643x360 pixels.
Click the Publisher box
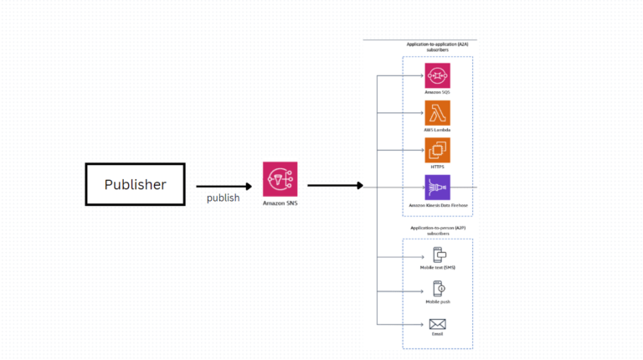pyautogui.click(x=135, y=184)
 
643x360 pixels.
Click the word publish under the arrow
pyautogui.click(x=224, y=198)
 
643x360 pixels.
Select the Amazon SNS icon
pyautogui.click(x=280, y=179)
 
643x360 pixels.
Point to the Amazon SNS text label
pyautogui.click(x=280, y=203)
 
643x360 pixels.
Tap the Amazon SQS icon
pyautogui.click(x=437, y=75)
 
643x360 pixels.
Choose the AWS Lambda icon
pyautogui.click(x=437, y=113)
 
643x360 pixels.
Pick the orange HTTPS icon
pyautogui.click(x=437, y=151)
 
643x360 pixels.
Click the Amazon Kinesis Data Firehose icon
pyautogui.click(x=437, y=188)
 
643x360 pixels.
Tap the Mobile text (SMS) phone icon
pyautogui.click(x=437, y=255)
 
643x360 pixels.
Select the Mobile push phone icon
pyautogui.click(x=437, y=290)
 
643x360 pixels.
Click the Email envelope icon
pyautogui.click(x=437, y=324)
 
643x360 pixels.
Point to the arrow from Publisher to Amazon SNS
pyautogui.click(x=224, y=187)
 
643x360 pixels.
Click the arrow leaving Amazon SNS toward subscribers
pyautogui.click(x=335, y=185)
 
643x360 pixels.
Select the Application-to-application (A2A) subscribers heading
pyautogui.click(x=437, y=46)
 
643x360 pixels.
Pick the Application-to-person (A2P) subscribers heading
pyautogui.click(x=437, y=230)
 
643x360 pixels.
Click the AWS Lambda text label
pyautogui.click(x=437, y=130)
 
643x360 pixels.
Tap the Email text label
pyautogui.click(x=437, y=335)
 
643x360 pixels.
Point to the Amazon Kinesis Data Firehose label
pyautogui.click(x=437, y=205)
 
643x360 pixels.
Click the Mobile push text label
pyautogui.click(x=437, y=301)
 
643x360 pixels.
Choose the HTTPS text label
pyautogui.click(x=437, y=167)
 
